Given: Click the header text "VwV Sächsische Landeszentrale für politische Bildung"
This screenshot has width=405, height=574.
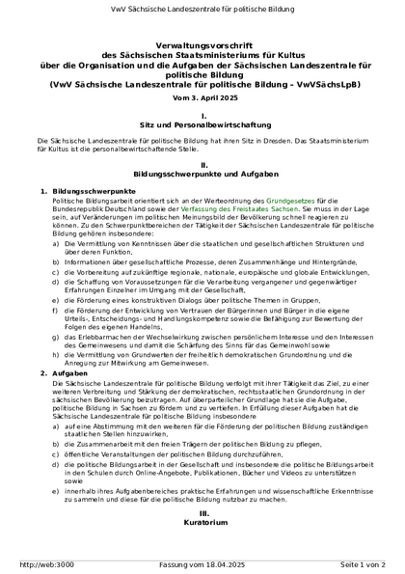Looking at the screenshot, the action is (202, 10).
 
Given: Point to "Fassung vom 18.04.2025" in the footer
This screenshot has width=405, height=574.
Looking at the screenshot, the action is (202, 564).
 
